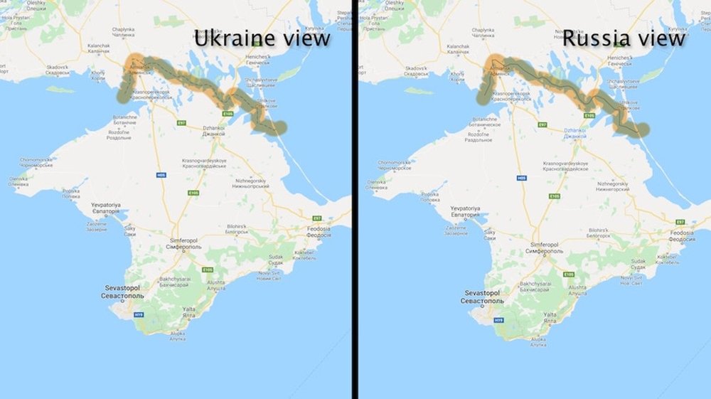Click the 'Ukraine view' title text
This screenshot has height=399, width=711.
click(262, 38)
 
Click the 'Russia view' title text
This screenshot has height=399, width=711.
click(624, 38)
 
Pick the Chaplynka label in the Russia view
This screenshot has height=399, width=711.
click(481, 33)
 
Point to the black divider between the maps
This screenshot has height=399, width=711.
click(354, 199)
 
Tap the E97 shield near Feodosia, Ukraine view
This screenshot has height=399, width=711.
click(316, 218)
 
